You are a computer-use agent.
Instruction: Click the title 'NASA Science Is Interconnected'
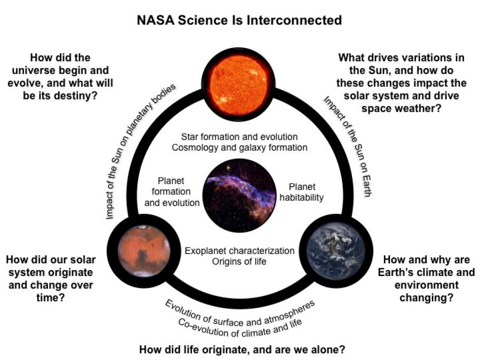(240, 21)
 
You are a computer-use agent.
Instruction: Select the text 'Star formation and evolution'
(240, 137)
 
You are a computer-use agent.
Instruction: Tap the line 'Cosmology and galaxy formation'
(240, 148)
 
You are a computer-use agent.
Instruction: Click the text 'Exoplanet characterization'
(240, 251)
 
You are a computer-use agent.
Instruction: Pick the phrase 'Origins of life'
(240, 261)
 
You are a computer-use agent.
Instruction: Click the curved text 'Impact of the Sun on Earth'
(347, 146)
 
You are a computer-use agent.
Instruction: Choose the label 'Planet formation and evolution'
(172, 192)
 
